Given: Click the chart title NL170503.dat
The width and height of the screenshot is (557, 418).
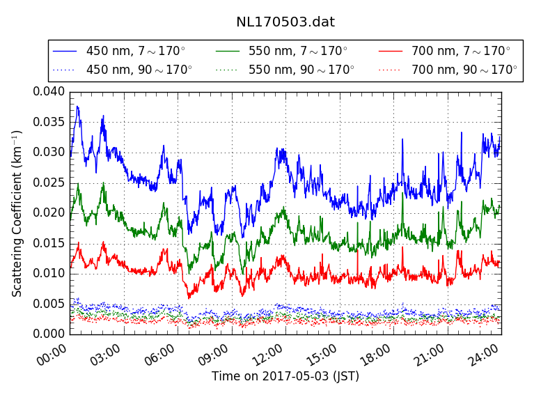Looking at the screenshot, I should (x=285, y=22).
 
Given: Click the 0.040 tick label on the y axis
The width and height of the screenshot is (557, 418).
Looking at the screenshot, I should (x=49, y=91).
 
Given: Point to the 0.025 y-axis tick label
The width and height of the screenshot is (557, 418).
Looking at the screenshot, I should (x=49, y=183).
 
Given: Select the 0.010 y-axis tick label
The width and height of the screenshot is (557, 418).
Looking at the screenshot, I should (x=49, y=273).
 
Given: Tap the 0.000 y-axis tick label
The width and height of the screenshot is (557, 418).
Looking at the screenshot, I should (x=49, y=334).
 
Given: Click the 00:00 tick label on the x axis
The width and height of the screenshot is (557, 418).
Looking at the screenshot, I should (x=52, y=355).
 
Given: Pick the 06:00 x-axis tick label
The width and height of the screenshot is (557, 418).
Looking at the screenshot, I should (x=160, y=355).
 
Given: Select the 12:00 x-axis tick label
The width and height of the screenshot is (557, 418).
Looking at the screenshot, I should (x=268, y=355).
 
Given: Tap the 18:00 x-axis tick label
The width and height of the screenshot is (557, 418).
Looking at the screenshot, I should (x=376, y=355).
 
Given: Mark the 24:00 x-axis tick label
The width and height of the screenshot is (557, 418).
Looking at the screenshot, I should (x=484, y=355).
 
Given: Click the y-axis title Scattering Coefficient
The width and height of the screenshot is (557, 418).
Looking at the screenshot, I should (x=17, y=212).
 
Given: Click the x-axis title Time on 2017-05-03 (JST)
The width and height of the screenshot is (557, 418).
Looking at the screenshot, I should (x=285, y=377).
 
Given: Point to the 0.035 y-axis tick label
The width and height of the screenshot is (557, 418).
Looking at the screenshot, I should (x=49, y=122).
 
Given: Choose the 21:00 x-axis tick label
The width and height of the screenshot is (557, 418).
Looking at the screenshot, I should (x=430, y=355).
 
